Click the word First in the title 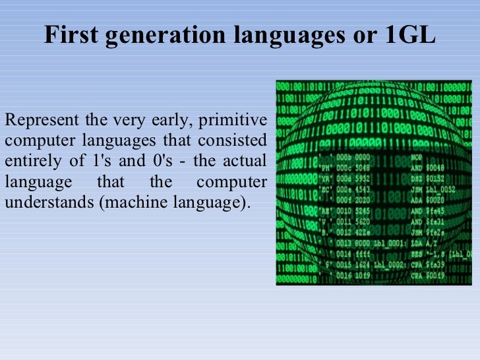69,36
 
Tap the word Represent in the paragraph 41,121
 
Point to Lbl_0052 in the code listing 447,189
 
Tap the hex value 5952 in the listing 363,179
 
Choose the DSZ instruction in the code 417,179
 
